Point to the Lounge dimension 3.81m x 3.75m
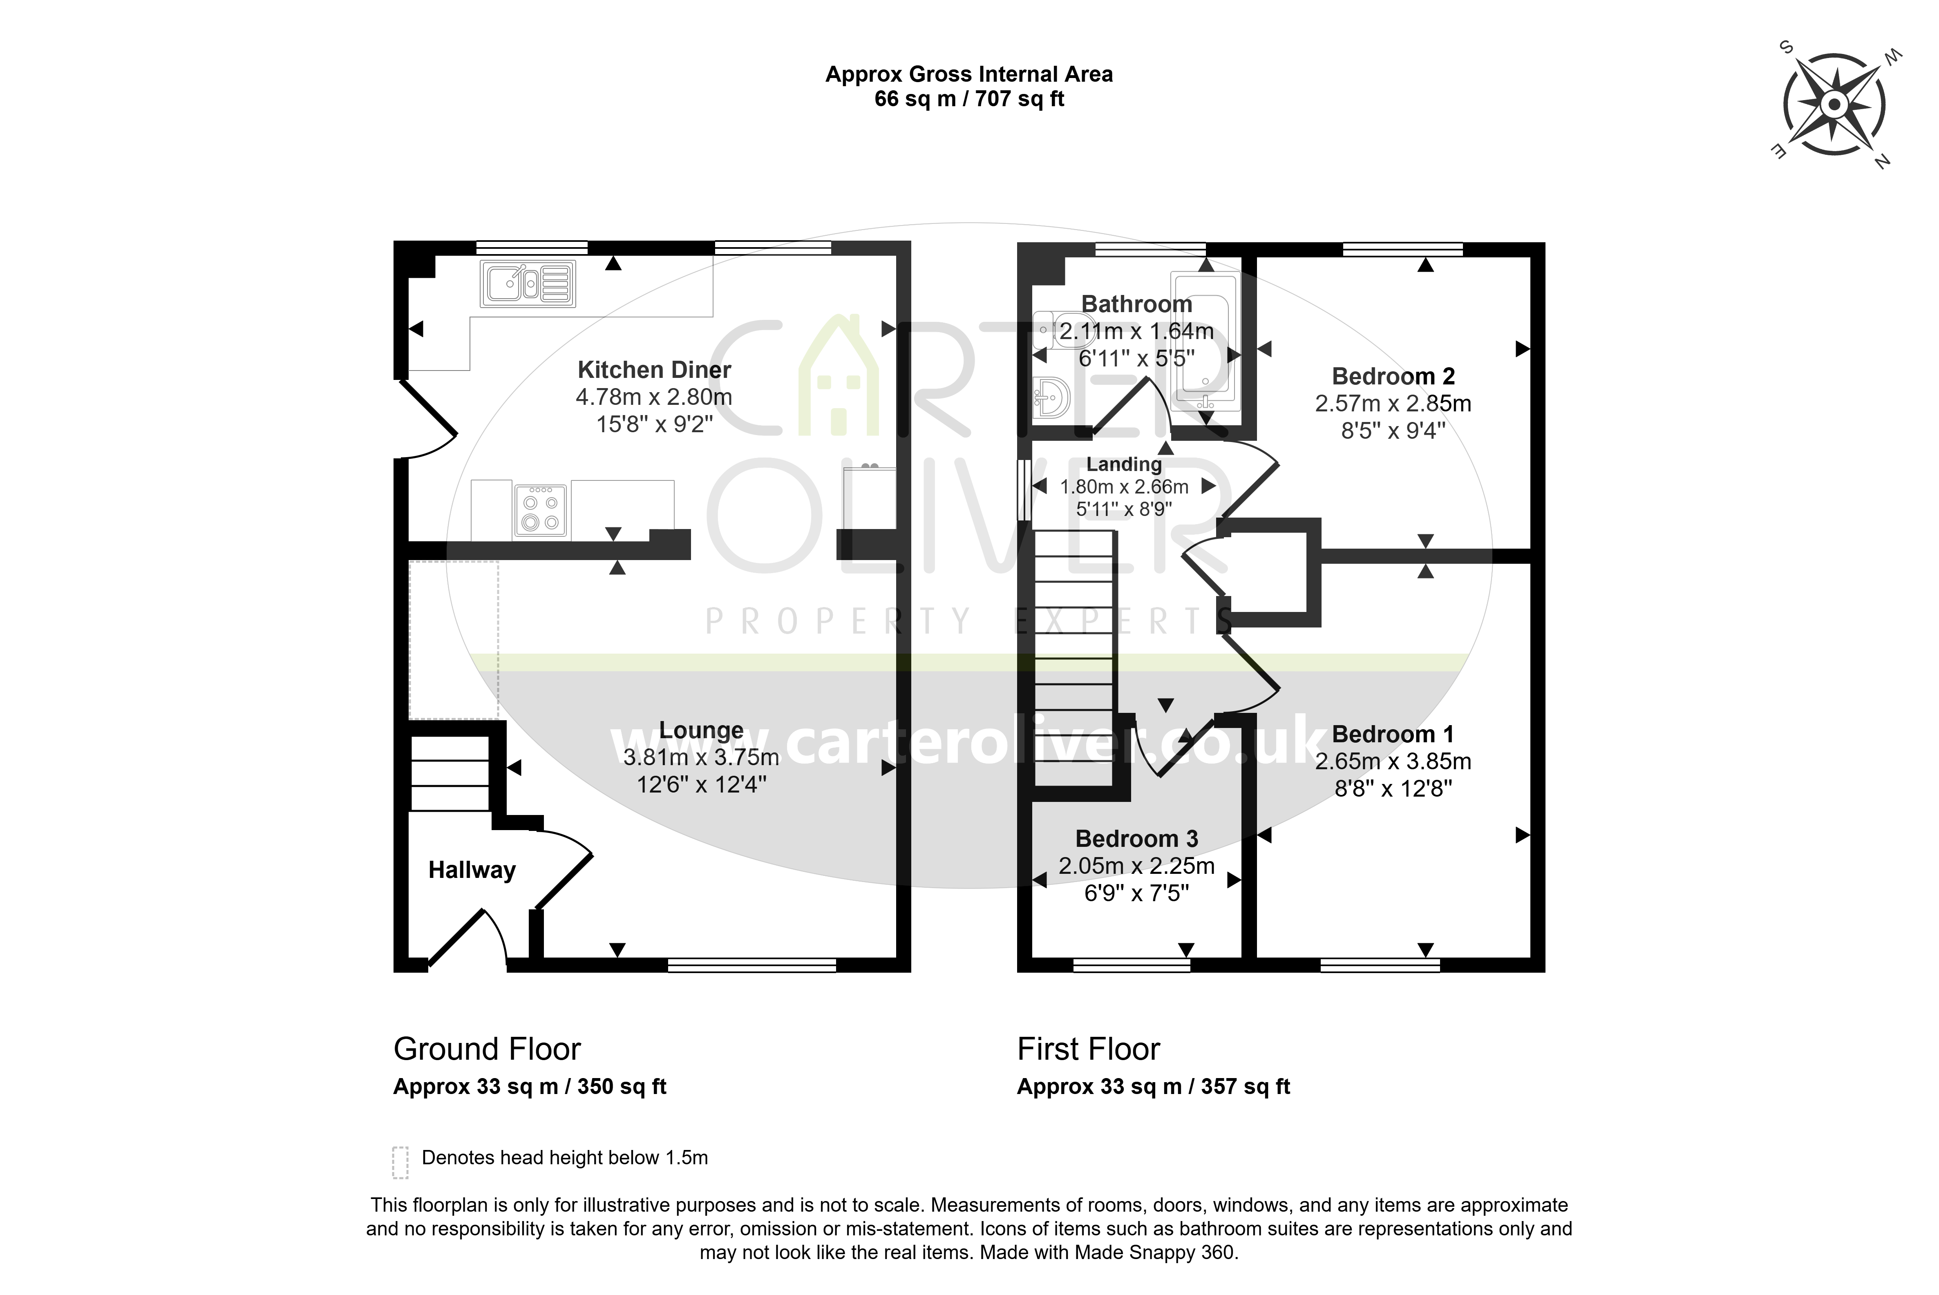coord(701,757)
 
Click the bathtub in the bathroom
coord(1205,340)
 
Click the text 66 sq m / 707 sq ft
coord(969,99)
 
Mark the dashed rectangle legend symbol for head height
coord(401,1162)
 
